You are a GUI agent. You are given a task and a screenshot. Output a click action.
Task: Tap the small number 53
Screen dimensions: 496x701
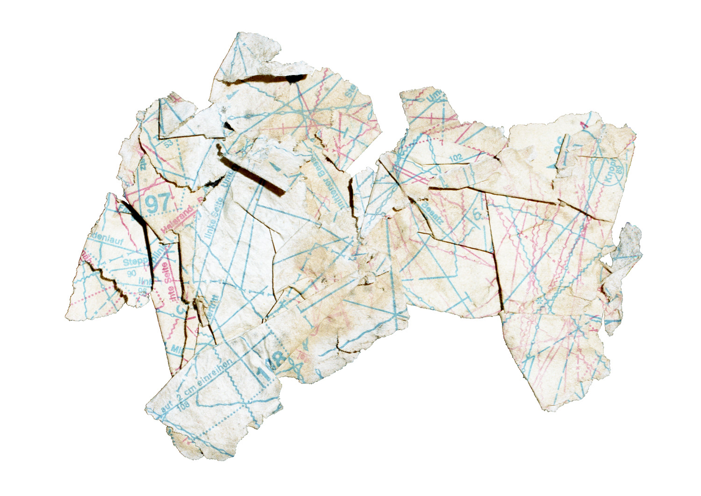tap(168, 143)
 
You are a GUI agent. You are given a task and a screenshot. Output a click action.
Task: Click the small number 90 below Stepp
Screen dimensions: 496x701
tap(131, 273)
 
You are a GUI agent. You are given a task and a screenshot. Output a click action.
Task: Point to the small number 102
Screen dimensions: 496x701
tap(455, 158)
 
